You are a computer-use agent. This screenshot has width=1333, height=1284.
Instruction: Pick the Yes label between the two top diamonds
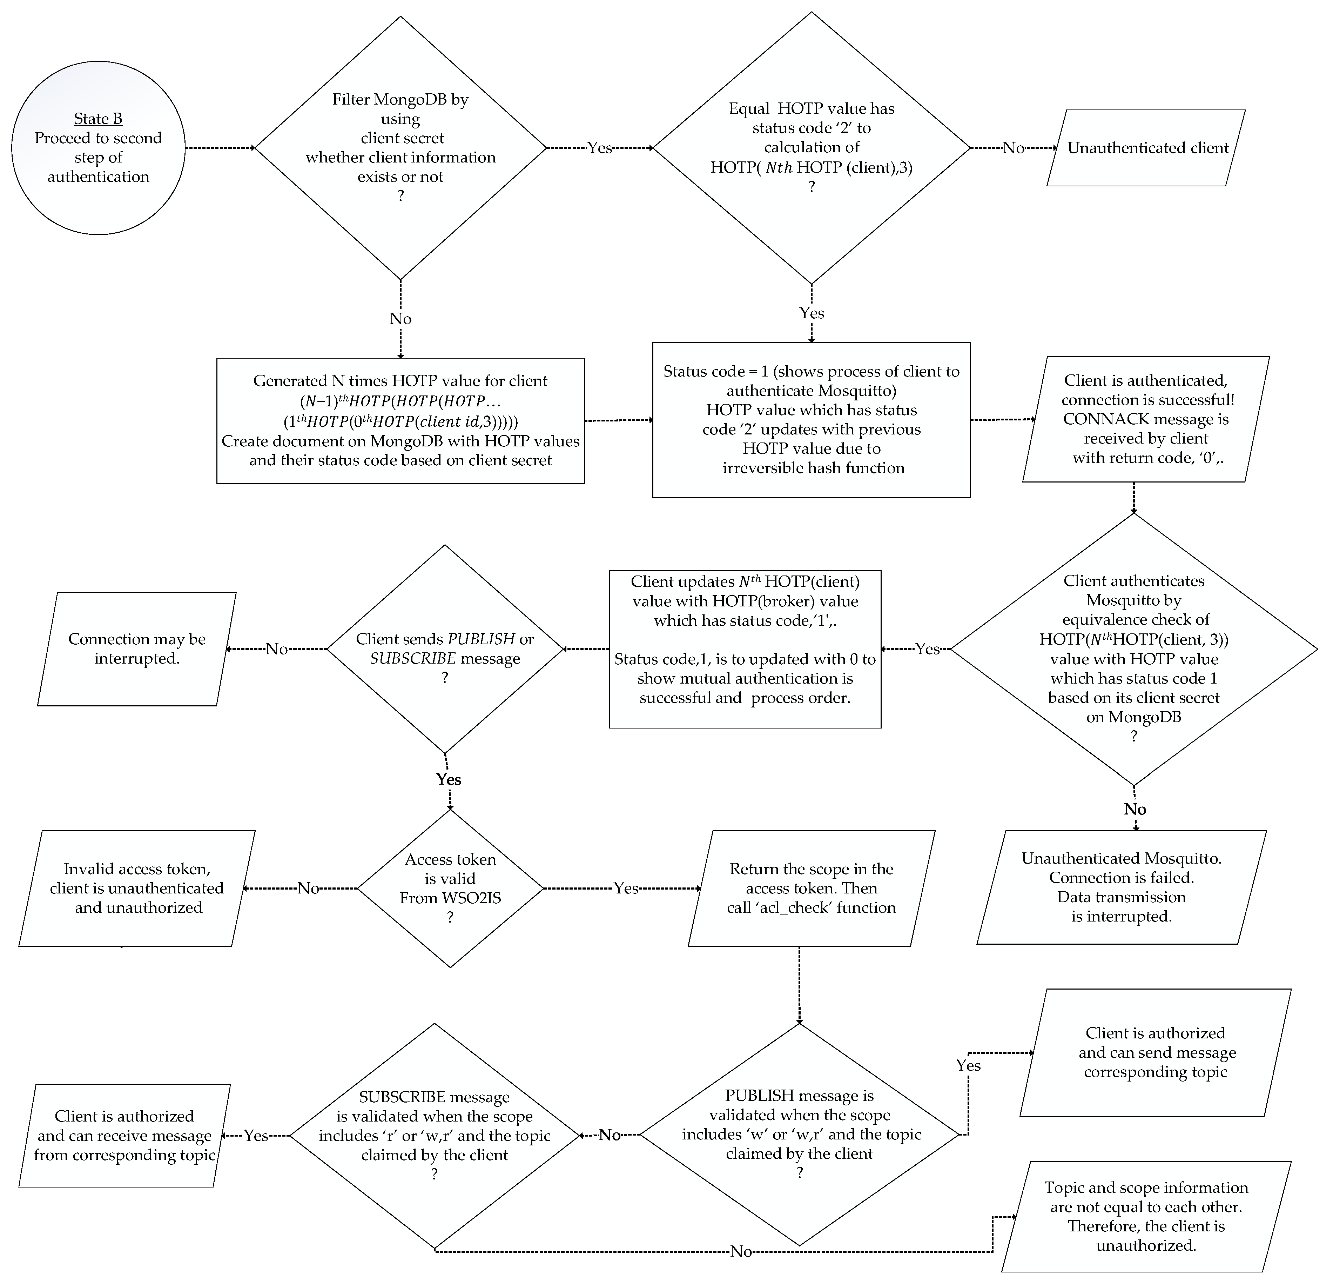click(x=599, y=148)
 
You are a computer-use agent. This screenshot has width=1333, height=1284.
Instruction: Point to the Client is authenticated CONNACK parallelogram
click(x=1146, y=419)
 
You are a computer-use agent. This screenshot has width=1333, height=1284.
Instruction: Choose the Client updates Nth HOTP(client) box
click(x=745, y=649)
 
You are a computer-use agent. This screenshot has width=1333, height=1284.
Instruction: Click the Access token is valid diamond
click(x=450, y=887)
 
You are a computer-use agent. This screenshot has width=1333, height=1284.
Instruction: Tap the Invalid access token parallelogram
click(x=137, y=888)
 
